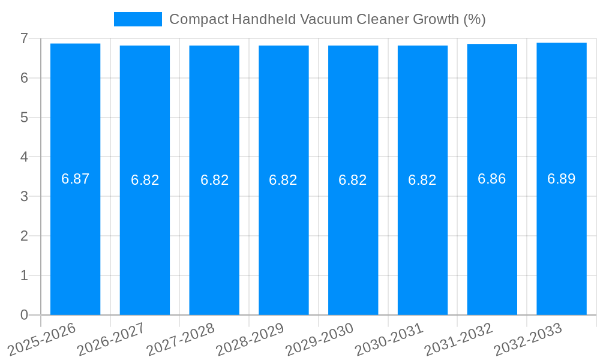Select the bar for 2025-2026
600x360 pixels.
coord(75,240)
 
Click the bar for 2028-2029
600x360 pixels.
coord(284,240)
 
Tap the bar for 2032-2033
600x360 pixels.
coord(562,240)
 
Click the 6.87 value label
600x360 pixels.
coord(75,179)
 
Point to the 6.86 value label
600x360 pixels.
coord(492,179)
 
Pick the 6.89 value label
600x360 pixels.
coord(562,179)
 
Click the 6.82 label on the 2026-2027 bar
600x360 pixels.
coord(145,180)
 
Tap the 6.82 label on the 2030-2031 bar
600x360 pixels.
coord(422,180)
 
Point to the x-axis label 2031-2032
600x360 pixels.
coord(459,340)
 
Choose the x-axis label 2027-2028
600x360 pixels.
coord(181,340)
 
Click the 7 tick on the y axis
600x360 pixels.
coord(24,38)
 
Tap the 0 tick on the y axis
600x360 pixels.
coord(24,315)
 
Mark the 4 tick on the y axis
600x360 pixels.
coord(24,157)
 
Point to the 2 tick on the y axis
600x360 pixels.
coord(24,236)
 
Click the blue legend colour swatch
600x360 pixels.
coord(138,19)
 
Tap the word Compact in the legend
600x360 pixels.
coord(199,19)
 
